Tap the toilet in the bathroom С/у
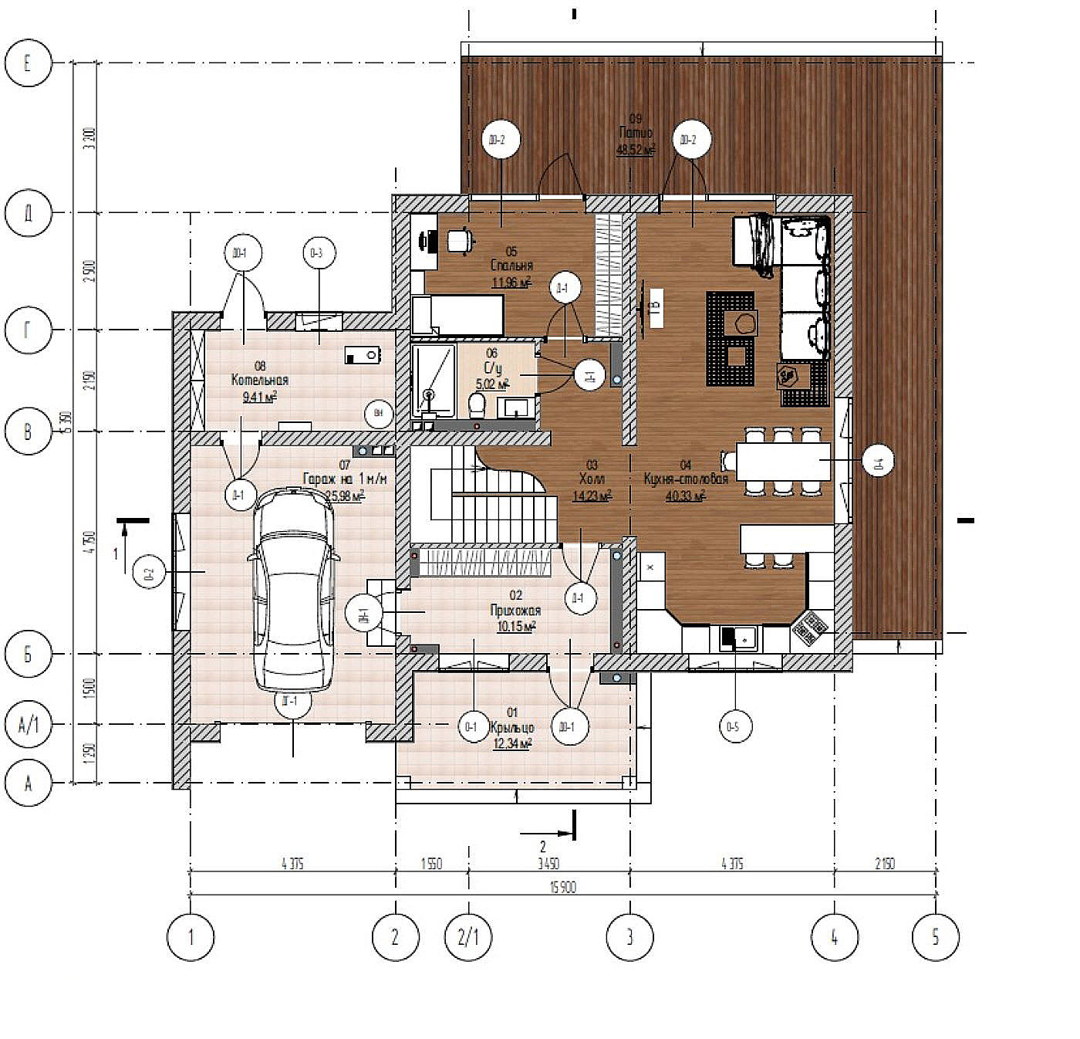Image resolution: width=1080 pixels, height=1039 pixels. (x=477, y=403)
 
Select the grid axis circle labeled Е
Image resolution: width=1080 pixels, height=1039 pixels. (x=29, y=63)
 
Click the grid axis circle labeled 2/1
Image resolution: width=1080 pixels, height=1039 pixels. (x=468, y=937)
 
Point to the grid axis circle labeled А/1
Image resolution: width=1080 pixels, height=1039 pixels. (x=29, y=725)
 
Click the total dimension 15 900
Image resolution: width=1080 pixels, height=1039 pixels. (x=562, y=888)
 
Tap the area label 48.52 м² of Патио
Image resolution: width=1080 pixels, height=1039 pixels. (x=635, y=150)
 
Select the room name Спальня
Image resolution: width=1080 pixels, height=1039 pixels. (x=511, y=266)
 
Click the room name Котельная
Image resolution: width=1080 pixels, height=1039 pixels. (x=260, y=380)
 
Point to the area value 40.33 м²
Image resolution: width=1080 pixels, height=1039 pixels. (x=685, y=496)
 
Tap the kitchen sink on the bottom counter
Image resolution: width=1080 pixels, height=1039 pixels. (x=738, y=638)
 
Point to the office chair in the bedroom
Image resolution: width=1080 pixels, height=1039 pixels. (x=461, y=240)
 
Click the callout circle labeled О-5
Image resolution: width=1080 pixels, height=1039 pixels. (x=734, y=726)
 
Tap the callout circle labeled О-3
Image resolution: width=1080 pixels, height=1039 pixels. (x=317, y=252)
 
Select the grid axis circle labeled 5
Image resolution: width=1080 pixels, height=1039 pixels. (x=935, y=937)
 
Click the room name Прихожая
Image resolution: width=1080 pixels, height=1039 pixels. (x=515, y=611)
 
